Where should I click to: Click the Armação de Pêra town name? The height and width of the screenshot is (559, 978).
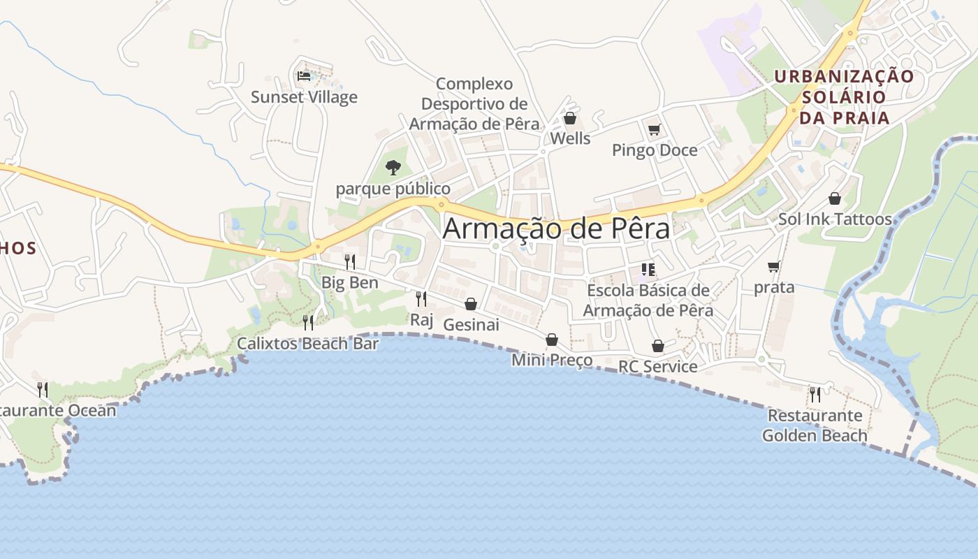[x=556, y=228]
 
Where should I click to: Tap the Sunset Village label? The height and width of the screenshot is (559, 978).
[x=304, y=97]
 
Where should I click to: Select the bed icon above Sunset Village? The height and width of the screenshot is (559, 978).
[x=304, y=75]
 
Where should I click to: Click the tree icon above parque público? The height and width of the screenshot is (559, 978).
[x=393, y=167]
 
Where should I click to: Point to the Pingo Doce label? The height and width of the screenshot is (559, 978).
[x=655, y=150]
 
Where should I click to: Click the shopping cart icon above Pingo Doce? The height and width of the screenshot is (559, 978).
[x=655, y=129]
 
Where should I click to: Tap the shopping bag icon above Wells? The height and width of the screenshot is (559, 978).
[x=570, y=118]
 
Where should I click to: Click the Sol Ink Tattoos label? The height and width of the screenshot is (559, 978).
[x=835, y=219]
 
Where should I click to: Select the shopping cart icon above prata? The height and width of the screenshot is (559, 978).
[x=774, y=266]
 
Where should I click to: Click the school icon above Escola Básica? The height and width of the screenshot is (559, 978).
[x=648, y=269]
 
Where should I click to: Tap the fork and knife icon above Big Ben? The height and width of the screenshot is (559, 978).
[x=350, y=261]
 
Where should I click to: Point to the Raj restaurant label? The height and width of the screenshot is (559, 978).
[x=422, y=320]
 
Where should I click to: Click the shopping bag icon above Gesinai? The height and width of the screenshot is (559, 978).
[x=471, y=304]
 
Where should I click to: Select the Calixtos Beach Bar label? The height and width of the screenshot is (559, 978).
[x=307, y=344]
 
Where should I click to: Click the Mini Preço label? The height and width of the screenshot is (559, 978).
[x=552, y=361]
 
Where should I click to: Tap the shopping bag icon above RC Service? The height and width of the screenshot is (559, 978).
[x=658, y=346]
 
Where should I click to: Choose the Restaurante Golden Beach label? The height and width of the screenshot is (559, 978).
[x=815, y=426]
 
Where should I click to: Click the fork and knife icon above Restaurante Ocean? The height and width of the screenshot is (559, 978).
[x=43, y=389]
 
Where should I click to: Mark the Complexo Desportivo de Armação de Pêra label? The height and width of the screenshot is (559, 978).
[x=474, y=104]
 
